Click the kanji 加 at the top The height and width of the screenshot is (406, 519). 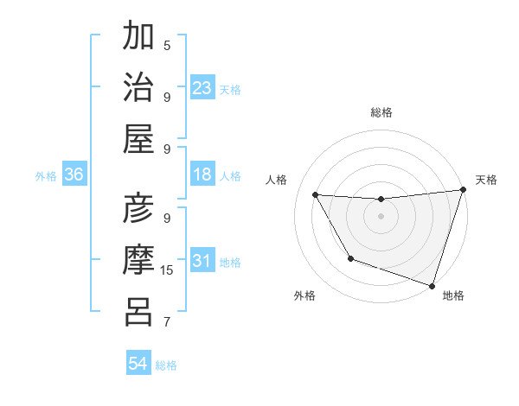[x=139, y=37]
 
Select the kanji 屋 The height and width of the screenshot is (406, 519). [x=139, y=137]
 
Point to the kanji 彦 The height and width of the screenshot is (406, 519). [x=139, y=210]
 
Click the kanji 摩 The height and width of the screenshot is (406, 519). [x=139, y=260]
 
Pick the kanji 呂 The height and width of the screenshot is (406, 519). [x=139, y=310]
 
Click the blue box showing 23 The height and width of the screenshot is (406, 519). [x=202, y=88]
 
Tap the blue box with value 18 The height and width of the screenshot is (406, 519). [x=202, y=174]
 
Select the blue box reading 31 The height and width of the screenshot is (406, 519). [x=202, y=261]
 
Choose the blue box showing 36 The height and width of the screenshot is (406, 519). [x=74, y=174]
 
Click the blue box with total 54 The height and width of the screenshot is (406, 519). [x=138, y=365]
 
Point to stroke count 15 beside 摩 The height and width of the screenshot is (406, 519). [x=168, y=270]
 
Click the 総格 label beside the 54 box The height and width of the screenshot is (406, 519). [x=166, y=365]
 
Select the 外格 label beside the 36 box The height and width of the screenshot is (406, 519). [x=46, y=175]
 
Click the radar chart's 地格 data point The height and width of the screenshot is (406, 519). [x=432, y=284]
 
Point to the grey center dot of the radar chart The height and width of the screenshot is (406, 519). [x=381, y=216]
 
